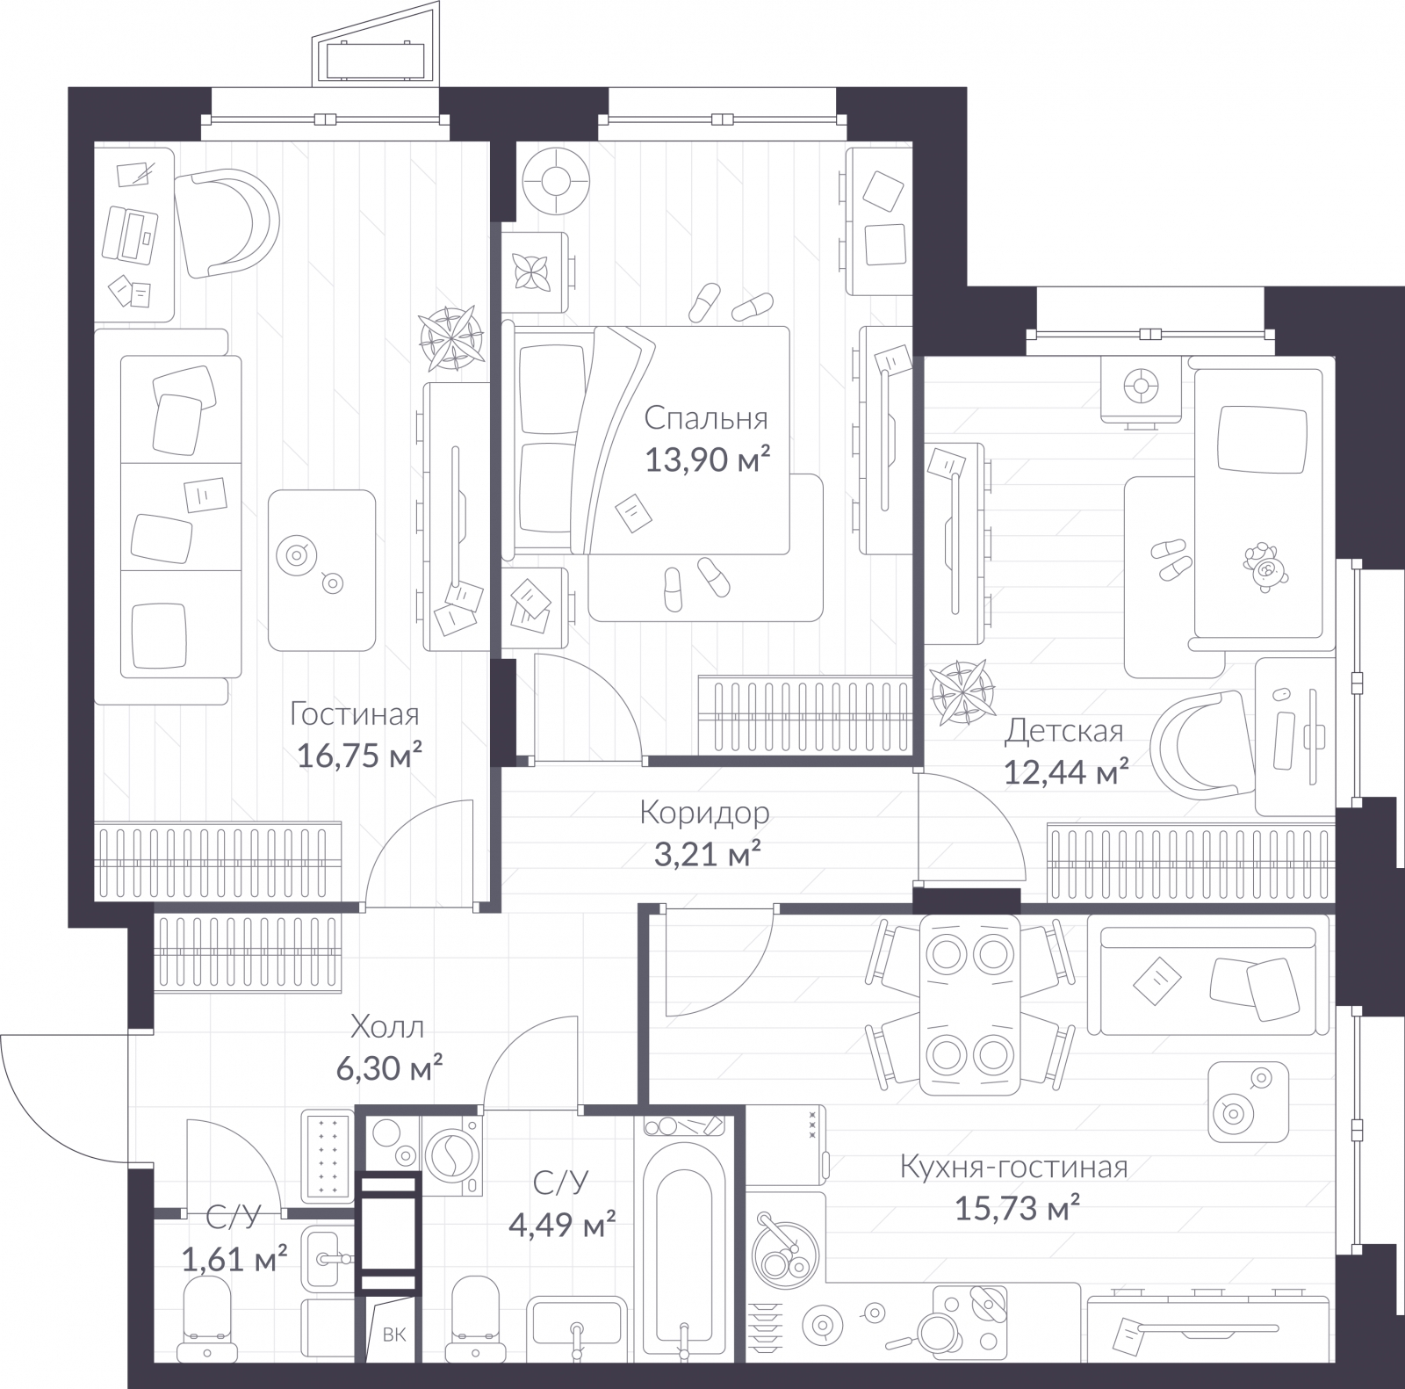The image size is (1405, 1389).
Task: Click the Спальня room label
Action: pos(705,418)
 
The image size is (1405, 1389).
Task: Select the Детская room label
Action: pos(1063,730)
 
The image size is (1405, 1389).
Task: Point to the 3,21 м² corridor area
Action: pos(707,854)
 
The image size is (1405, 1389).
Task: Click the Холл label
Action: pos(386,1026)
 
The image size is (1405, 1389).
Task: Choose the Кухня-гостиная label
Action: pos(1013,1168)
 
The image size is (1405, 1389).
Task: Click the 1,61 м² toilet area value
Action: pos(234,1261)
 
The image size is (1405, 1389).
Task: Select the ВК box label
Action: pos(394,1335)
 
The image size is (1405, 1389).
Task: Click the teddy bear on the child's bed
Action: pos(1264,568)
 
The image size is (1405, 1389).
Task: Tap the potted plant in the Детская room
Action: pos(962,692)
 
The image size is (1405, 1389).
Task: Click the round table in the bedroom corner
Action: pos(555,181)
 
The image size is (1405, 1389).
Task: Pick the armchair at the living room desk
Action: pos(226,222)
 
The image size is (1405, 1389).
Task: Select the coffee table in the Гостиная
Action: pos(321,569)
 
